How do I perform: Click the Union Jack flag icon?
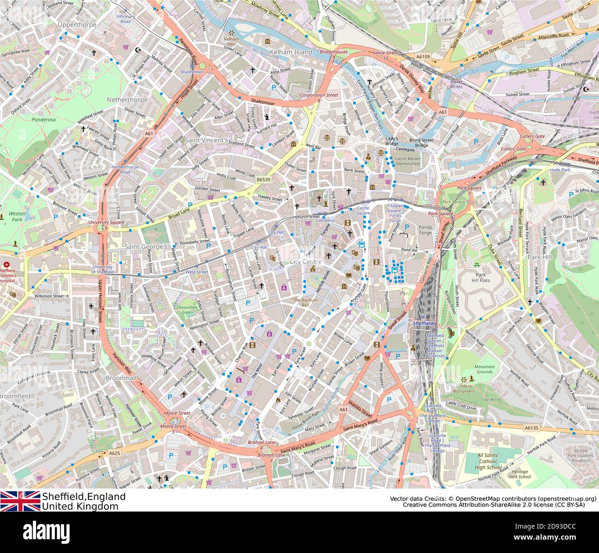[x=20, y=501]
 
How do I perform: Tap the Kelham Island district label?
[x=291, y=52]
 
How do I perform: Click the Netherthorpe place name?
[x=127, y=99]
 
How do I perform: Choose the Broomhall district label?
[x=121, y=378]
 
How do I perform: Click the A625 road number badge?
[x=114, y=454]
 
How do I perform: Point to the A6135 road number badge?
[x=531, y=428]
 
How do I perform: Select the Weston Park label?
[x=17, y=216]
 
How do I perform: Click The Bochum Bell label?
[x=305, y=303]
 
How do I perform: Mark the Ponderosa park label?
[x=30, y=119]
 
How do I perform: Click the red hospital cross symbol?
[x=6, y=265]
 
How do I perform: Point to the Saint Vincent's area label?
[x=206, y=140]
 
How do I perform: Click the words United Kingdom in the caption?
[x=80, y=506]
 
